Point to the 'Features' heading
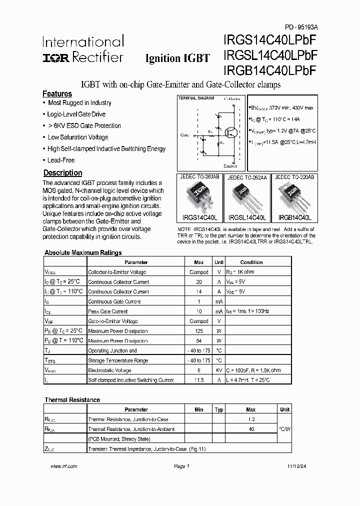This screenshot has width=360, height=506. [x=57, y=94]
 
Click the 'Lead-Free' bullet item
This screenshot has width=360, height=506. [x=61, y=160]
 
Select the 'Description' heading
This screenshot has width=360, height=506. [x=62, y=173]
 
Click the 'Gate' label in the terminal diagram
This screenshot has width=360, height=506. [x=185, y=135]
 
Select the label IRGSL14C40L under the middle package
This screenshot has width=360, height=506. [x=247, y=218]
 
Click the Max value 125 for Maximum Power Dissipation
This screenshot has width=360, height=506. [x=198, y=331]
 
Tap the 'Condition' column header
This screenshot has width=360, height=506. [x=251, y=262]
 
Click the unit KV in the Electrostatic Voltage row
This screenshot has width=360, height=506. [x=218, y=370]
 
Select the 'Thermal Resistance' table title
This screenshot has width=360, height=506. [x=72, y=400]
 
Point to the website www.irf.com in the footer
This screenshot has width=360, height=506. [x=64, y=466]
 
